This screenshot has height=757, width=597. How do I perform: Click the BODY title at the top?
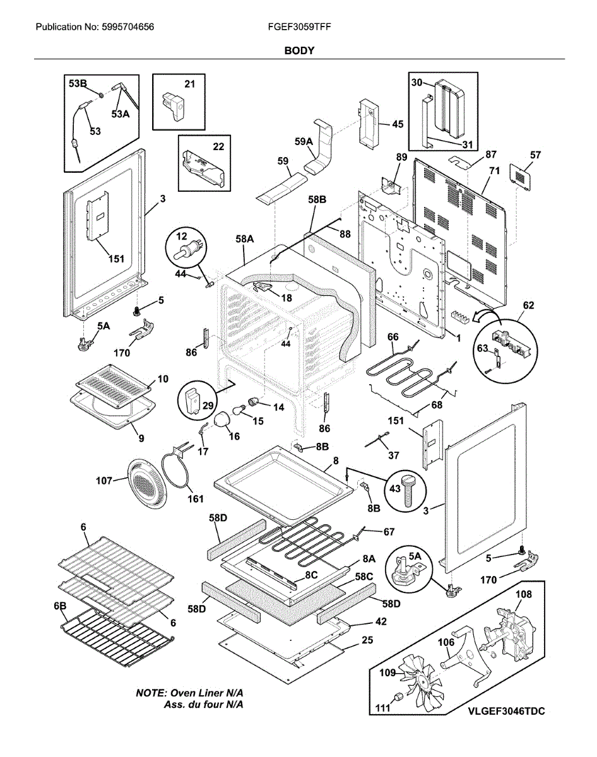298,50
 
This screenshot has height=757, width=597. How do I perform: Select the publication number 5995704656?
127,28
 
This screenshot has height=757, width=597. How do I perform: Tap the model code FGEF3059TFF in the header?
299,28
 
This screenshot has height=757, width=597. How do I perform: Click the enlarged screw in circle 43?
408,491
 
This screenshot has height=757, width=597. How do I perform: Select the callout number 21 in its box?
190,84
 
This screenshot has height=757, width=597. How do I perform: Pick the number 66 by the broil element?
393,337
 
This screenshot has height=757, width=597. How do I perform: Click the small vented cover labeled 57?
523,174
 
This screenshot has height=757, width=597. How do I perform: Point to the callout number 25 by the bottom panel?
367,640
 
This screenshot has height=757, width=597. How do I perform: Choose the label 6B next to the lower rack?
60,606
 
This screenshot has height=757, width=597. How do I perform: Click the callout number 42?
381,621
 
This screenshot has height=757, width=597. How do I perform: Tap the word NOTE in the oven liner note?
151,692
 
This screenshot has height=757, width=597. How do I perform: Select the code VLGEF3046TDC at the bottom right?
506,710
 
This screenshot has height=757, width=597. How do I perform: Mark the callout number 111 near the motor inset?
382,708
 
